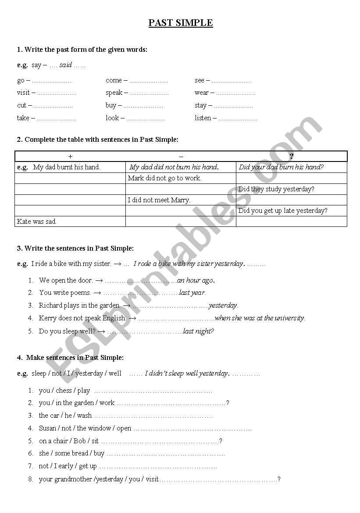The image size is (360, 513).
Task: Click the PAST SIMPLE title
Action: (181, 23)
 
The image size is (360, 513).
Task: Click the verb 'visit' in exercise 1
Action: (23, 93)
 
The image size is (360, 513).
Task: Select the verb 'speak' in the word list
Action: (114, 93)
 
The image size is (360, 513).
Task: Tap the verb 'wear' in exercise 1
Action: (202, 93)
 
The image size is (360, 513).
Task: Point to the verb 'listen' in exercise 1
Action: (203, 118)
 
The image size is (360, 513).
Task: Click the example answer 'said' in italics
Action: (65, 65)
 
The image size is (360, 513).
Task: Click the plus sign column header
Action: (70, 156)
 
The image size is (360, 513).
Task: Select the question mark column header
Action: (292, 156)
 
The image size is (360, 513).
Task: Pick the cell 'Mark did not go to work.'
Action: (164, 178)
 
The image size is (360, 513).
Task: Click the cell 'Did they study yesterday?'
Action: (276, 189)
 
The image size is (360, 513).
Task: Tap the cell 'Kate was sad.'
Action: (37, 222)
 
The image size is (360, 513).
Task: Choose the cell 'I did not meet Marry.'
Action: (159, 200)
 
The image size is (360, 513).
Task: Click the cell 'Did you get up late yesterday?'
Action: (283, 211)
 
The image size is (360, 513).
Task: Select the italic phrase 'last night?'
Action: (198, 331)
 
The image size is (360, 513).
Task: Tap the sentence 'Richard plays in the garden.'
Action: (79, 305)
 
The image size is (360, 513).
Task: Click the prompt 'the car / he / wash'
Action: (65, 416)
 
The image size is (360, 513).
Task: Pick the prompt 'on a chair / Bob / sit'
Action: (69, 441)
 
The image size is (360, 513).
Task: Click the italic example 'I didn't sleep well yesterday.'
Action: (187, 373)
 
